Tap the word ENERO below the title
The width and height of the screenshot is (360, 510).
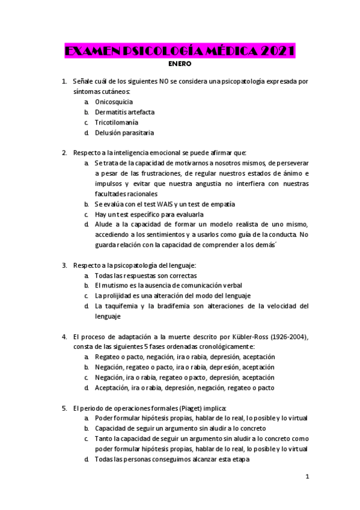tap(180, 63)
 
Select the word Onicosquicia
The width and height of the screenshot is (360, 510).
tap(114, 102)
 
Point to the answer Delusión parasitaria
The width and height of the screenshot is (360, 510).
tap(124, 132)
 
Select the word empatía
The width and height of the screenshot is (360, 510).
tap(222, 204)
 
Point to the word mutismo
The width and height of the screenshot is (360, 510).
tap(113, 285)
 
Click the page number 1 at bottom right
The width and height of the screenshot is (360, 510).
tap(307, 477)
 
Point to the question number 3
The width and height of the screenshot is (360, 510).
tap(64, 265)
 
